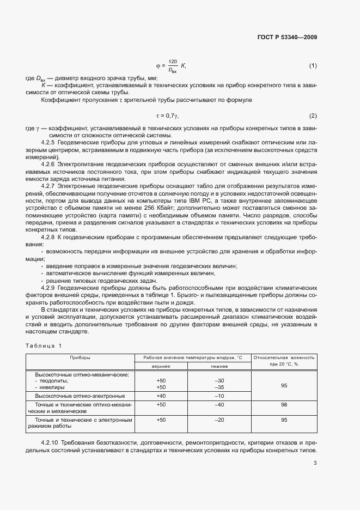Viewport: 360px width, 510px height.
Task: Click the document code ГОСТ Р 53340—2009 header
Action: pos(287,38)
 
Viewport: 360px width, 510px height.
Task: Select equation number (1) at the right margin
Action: pos(313,66)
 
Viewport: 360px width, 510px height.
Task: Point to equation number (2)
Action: pos(313,116)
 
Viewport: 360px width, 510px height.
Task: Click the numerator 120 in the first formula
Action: pos(173,62)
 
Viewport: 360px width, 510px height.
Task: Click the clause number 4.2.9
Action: pos(50,287)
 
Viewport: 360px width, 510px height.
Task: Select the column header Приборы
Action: pos(80,357)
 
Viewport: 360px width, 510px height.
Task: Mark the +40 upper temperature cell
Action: pos(161,396)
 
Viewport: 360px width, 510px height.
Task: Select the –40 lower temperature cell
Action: pos(219,405)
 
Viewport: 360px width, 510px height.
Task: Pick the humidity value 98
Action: pos(284,405)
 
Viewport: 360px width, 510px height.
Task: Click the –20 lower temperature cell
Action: pos(219,420)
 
